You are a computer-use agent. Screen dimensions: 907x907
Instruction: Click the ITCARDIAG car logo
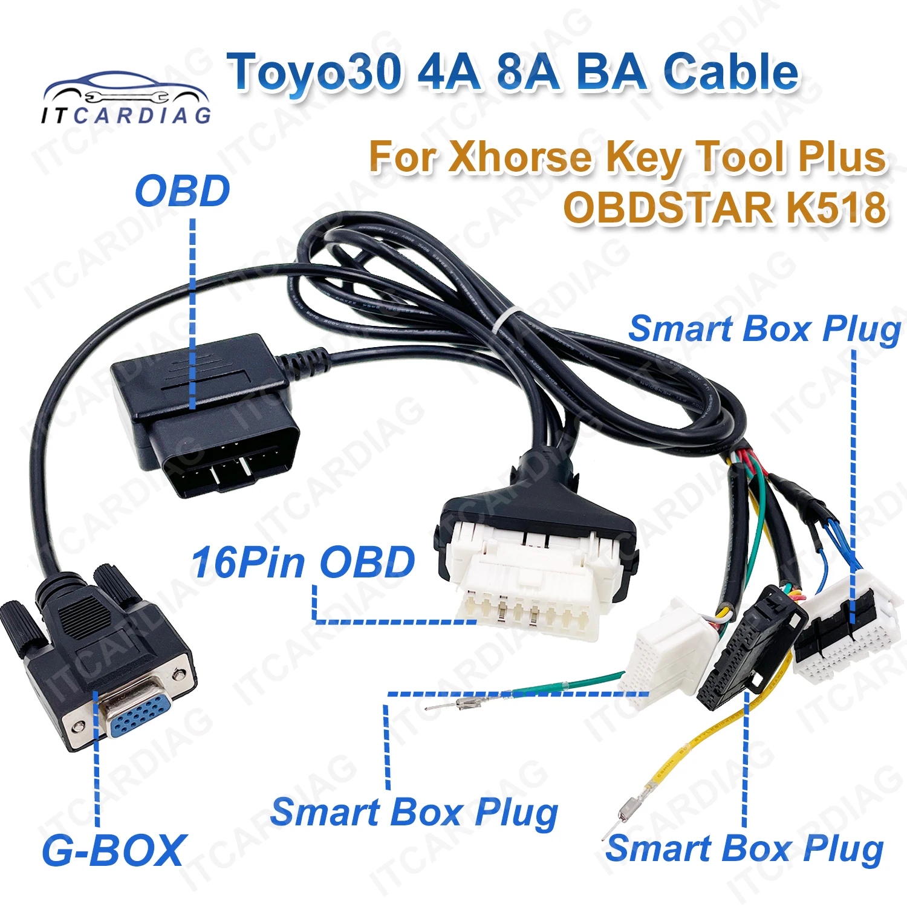click(126, 99)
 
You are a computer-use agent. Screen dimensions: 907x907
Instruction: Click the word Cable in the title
click(731, 72)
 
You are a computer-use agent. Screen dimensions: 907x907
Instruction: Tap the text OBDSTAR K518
click(725, 207)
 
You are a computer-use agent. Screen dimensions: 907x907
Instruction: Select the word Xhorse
click(520, 157)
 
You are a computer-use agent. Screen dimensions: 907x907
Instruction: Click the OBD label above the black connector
click(182, 191)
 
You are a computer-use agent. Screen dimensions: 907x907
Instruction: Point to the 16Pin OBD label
click(303, 562)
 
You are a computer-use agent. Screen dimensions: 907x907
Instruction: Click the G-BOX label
click(112, 850)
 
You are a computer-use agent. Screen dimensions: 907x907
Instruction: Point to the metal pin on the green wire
click(469, 703)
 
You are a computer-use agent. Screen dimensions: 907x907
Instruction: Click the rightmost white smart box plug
click(847, 629)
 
